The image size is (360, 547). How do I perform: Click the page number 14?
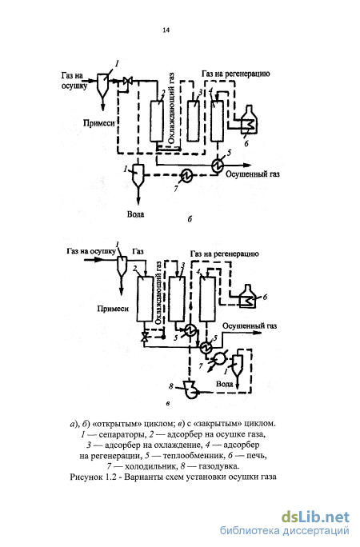[166, 30]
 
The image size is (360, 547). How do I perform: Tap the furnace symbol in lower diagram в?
[248, 296]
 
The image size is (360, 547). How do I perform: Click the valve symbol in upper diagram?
[127, 82]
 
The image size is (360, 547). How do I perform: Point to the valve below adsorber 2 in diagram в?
[144, 337]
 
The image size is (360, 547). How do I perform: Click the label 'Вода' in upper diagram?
[135, 214]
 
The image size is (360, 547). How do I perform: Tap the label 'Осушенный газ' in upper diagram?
[253, 174]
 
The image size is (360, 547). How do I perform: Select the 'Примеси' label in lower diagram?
[113, 309]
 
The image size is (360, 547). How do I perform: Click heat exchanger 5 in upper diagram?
[218, 164]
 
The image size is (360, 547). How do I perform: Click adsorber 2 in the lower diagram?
[145, 298]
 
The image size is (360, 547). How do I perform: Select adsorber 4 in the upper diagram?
[217, 121]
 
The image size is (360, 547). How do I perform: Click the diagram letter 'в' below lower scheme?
[168, 404]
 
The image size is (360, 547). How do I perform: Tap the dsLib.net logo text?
[315, 517]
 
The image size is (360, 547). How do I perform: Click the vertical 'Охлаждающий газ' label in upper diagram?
[171, 109]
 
